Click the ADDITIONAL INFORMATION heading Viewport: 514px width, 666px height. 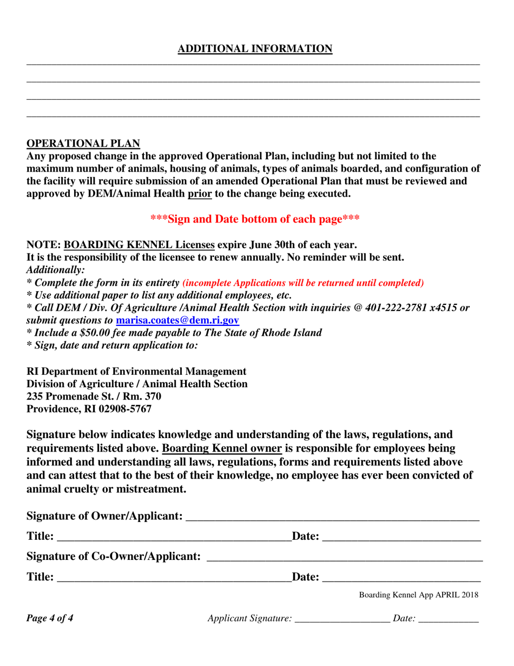255,49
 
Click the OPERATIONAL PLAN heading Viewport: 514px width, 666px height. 83,143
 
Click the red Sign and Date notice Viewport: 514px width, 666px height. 255,219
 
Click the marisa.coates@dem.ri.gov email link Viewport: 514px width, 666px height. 177,321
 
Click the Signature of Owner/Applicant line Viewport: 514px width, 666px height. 332,516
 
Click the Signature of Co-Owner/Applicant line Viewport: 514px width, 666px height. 345,556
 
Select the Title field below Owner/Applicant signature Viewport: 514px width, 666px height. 173,537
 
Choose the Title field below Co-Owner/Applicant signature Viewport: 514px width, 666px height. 173,577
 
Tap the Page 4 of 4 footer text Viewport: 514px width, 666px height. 50,618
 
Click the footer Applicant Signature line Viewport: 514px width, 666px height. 342,618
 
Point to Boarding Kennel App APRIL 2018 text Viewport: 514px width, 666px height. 418,595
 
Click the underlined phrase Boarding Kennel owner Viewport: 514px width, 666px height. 222,449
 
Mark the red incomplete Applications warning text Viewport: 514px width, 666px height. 303,283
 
